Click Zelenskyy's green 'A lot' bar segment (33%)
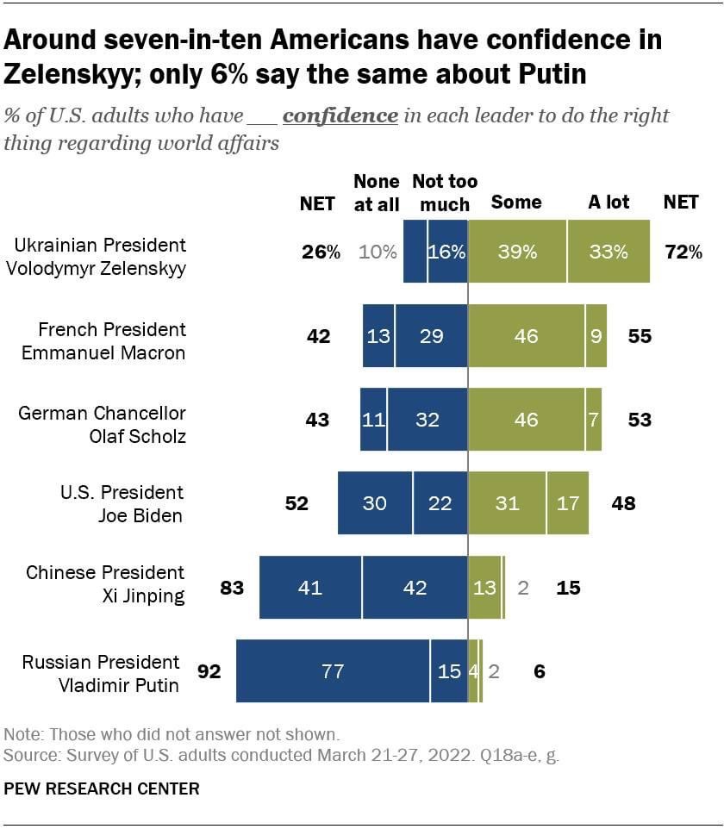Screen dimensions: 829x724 pyautogui.click(x=609, y=252)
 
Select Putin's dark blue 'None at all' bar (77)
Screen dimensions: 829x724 pyautogui.click(x=333, y=671)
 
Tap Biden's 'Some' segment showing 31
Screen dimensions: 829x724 pyautogui.click(x=507, y=503)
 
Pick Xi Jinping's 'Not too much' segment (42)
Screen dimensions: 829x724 pyautogui.click(x=415, y=588)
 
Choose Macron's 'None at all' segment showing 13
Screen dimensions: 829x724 pyautogui.click(x=378, y=336)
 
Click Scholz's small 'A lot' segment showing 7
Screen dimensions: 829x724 pyautogui.click(x=593, y=420)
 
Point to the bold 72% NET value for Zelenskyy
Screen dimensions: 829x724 pyautogui.click(x=683, y=252)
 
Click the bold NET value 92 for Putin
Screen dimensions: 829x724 pyautogui.click(x=209, y=671)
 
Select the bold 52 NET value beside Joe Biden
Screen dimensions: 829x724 pyautogui.click(x=296, y=503)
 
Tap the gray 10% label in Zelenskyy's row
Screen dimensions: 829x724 pyautogui.click(x=378, y=252)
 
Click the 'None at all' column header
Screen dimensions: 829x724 pyautogui.click(x=377, y=192)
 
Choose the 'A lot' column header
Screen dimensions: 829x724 pyautogui.click(x=609, y=203)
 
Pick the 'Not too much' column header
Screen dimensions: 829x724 pyautogui.click(x=444, y=192)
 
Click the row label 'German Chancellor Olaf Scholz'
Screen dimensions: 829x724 pyautogui.click(x=102, y=424)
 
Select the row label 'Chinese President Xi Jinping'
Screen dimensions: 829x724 pyautogui.click(x=104, y=583)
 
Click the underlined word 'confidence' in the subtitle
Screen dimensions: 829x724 pyautogui.click(x=340, y=115)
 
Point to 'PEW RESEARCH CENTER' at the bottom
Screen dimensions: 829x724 pyautogui.click(x=102, y=788)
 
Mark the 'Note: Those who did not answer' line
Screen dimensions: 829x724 pyautogui.click(x=172, y=735)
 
